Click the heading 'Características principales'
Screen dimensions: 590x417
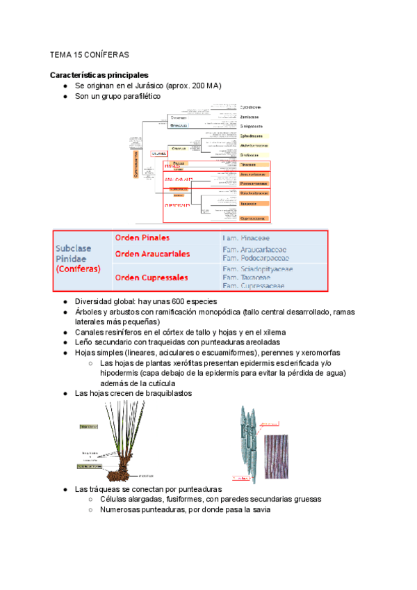tap(99, 74)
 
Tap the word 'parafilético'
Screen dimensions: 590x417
tap(138, 97)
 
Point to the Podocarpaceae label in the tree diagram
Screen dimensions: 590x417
tap(253, 183)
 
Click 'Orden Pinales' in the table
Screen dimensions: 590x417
tap(142, 238)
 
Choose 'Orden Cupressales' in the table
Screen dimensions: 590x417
tap(152, 278)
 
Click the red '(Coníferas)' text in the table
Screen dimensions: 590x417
tap(79, 269)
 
